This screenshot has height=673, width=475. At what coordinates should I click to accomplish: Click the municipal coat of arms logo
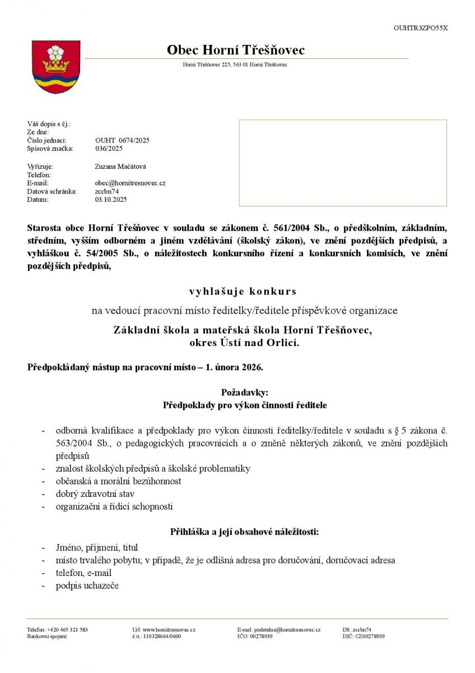[55, 66]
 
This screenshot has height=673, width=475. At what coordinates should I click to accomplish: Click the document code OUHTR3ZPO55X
[421, 27]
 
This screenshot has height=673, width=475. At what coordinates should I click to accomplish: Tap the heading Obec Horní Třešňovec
[236, 50]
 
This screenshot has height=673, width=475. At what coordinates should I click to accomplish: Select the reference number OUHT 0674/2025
[122, 140]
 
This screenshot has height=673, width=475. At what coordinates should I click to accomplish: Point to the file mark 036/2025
[109, 149]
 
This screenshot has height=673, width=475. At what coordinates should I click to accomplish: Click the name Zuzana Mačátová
[120, 167]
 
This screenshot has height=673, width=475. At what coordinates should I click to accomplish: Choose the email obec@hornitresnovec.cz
[130, 183]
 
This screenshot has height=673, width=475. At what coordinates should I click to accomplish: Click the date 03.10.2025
[111, 199]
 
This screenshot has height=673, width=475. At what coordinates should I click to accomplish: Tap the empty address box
[342, 163]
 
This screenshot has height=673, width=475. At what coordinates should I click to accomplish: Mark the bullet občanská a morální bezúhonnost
[118, 481]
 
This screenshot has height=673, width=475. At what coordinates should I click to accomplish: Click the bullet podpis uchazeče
[87, 586]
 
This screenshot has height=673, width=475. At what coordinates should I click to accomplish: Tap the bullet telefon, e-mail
[83, 573]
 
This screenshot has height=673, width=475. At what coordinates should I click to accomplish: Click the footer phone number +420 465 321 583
[68, 630]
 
